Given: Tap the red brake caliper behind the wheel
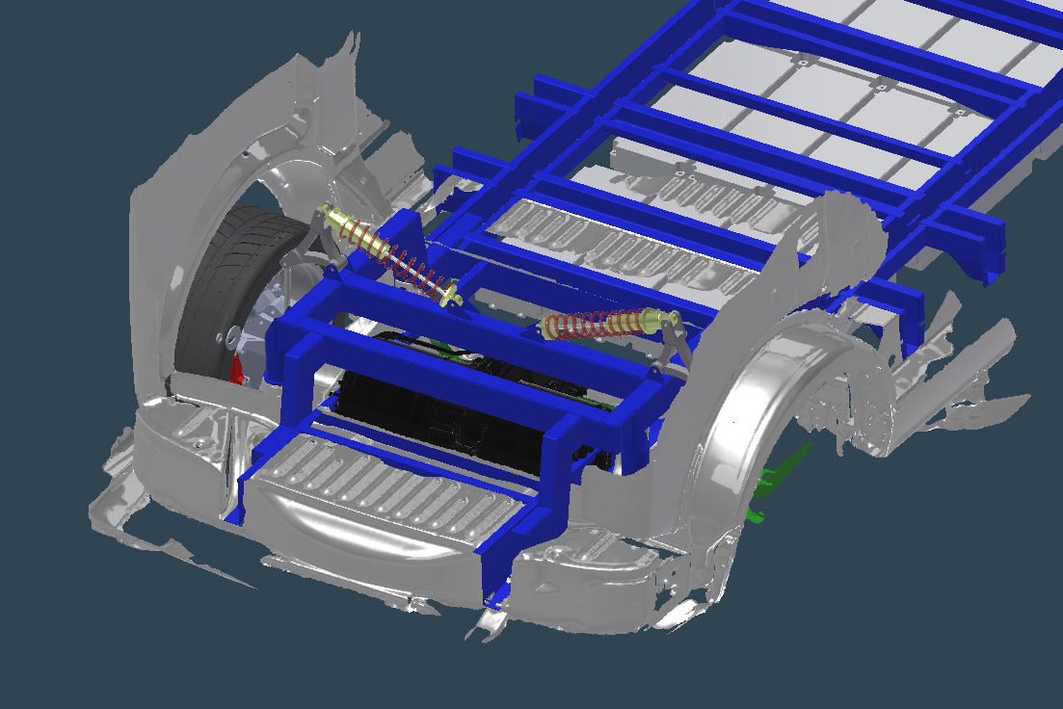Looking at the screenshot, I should tap(238, 369).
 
